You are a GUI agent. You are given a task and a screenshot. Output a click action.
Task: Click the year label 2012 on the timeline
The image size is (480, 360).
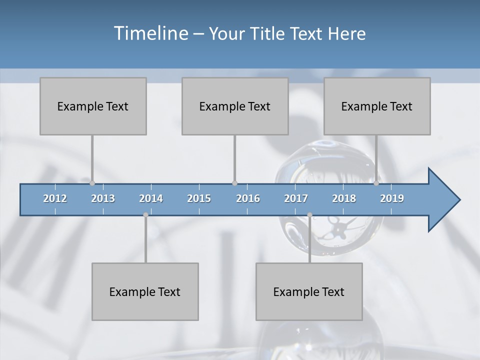pos(55,198)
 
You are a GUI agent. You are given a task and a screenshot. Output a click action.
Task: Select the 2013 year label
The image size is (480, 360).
pos(103,198)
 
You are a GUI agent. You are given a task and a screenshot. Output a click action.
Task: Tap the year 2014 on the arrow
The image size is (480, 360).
pos(151,198)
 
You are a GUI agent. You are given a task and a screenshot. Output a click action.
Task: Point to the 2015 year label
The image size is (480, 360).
pos(199,198)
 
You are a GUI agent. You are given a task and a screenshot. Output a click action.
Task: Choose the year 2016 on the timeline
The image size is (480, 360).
pos(248,198)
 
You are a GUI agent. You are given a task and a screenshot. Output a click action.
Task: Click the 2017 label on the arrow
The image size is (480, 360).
pos(296,198)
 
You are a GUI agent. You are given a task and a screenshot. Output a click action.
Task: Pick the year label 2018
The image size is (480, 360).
pos(344,198)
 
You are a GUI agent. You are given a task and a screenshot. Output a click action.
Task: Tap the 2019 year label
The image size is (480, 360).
pos(392,198)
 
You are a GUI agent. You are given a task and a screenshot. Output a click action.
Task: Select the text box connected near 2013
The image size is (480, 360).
pos(93,106)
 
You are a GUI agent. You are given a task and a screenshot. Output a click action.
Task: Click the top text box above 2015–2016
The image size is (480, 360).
pos(235,106)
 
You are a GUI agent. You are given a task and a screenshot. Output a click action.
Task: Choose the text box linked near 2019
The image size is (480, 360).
pos(377,106)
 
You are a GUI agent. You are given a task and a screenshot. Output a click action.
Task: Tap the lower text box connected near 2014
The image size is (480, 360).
pos(145,291)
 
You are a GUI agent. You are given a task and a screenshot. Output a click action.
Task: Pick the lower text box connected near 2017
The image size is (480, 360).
pos(309,291)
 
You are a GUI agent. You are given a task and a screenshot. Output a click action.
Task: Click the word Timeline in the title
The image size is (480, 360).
pos(150,33)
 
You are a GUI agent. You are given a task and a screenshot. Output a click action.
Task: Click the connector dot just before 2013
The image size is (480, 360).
pos(92,183)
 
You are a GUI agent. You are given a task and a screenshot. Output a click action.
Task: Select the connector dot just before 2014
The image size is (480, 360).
pos(145,215)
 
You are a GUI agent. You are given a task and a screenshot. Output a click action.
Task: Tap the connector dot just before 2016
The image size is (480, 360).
pos(235,183)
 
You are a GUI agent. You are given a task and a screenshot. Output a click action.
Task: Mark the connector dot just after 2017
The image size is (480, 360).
pos(310,215)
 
